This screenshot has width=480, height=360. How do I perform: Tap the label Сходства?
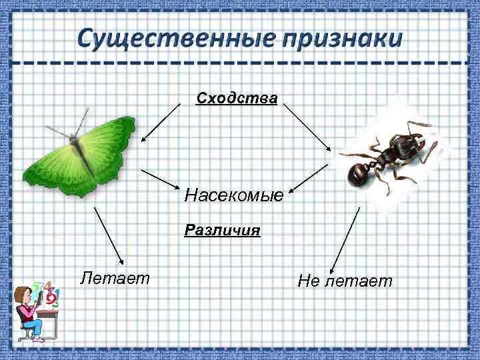[237, 99]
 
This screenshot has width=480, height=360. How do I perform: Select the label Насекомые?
[234, 196]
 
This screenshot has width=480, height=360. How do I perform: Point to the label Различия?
[223, 231]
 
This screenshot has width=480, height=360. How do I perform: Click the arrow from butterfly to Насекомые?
[161, 179]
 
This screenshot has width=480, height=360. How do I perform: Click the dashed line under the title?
[240, 63]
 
